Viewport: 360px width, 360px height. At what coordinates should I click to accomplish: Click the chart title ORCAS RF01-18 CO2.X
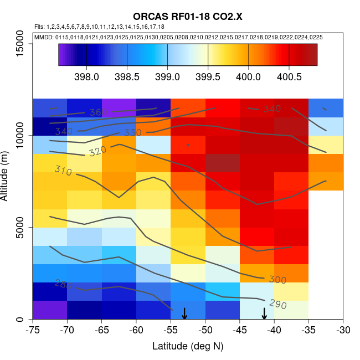188,17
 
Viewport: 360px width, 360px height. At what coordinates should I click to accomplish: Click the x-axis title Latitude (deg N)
188,346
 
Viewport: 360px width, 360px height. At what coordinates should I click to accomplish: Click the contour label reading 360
97,112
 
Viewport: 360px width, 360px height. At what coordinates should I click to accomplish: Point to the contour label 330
133,133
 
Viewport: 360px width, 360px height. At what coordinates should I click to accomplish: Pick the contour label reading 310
63,171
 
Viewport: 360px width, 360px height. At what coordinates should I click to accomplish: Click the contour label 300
277,280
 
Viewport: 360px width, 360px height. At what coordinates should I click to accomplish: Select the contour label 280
63,284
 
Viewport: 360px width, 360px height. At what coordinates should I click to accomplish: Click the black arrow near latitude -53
184,313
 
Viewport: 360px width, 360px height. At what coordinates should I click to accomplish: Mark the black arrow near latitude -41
264,313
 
